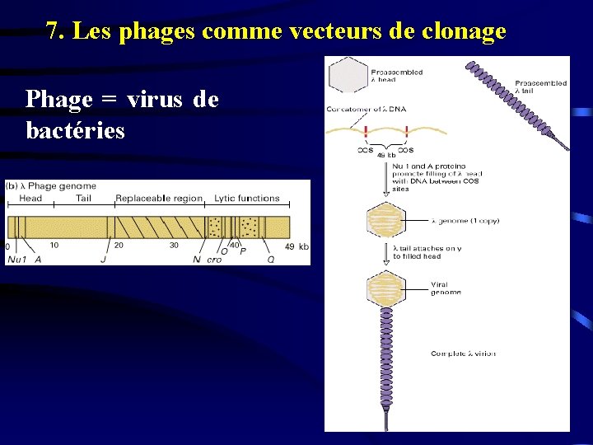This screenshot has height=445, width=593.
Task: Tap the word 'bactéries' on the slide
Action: (x=75, y=130)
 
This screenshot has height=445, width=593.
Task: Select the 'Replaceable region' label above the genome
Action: (x=159, y=199)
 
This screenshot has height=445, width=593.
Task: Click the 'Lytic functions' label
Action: (x=247, y=199)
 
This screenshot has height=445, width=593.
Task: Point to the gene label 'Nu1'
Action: (x=16, y=259)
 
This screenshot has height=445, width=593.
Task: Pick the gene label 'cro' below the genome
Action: (x=214, y=259)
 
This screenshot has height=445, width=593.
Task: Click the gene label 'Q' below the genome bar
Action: (x=270, y=259)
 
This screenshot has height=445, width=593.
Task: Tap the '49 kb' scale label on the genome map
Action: (x=296, y=246)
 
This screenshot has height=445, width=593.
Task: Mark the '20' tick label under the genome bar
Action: (x=119, y=245)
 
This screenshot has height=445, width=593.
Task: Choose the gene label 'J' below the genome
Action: (x=103, y=259)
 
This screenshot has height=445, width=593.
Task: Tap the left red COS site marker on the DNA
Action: (x=365, y=132)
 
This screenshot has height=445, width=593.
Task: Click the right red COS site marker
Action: (x=406, y=132)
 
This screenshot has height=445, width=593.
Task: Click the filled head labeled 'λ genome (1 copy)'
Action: (x=385, y=221)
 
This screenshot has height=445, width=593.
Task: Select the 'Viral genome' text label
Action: (x=446, y=288)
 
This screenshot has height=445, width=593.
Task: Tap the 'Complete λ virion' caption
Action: (x=463, y=354)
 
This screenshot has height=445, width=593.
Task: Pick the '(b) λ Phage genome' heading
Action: (x=52, y=186)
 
